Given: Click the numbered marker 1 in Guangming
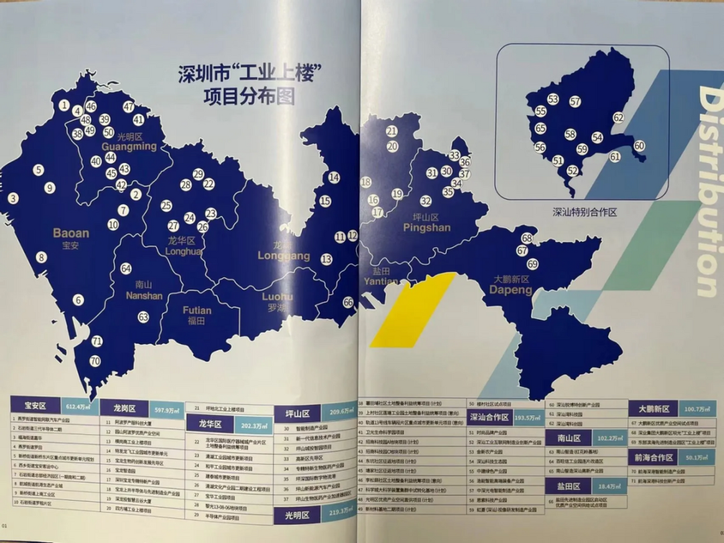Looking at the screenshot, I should (64, 105).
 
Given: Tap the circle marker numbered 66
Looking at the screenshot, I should (348, 302).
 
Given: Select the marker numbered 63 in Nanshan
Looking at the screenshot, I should (143, 317).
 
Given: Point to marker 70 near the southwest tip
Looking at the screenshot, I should (95, 361).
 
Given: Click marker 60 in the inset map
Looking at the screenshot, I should (639, 145).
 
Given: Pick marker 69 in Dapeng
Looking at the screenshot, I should (532, 264).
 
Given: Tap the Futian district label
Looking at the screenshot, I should (196, 315).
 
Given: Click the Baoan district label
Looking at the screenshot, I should (71, 239).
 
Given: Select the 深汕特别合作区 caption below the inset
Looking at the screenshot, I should (584, 210).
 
